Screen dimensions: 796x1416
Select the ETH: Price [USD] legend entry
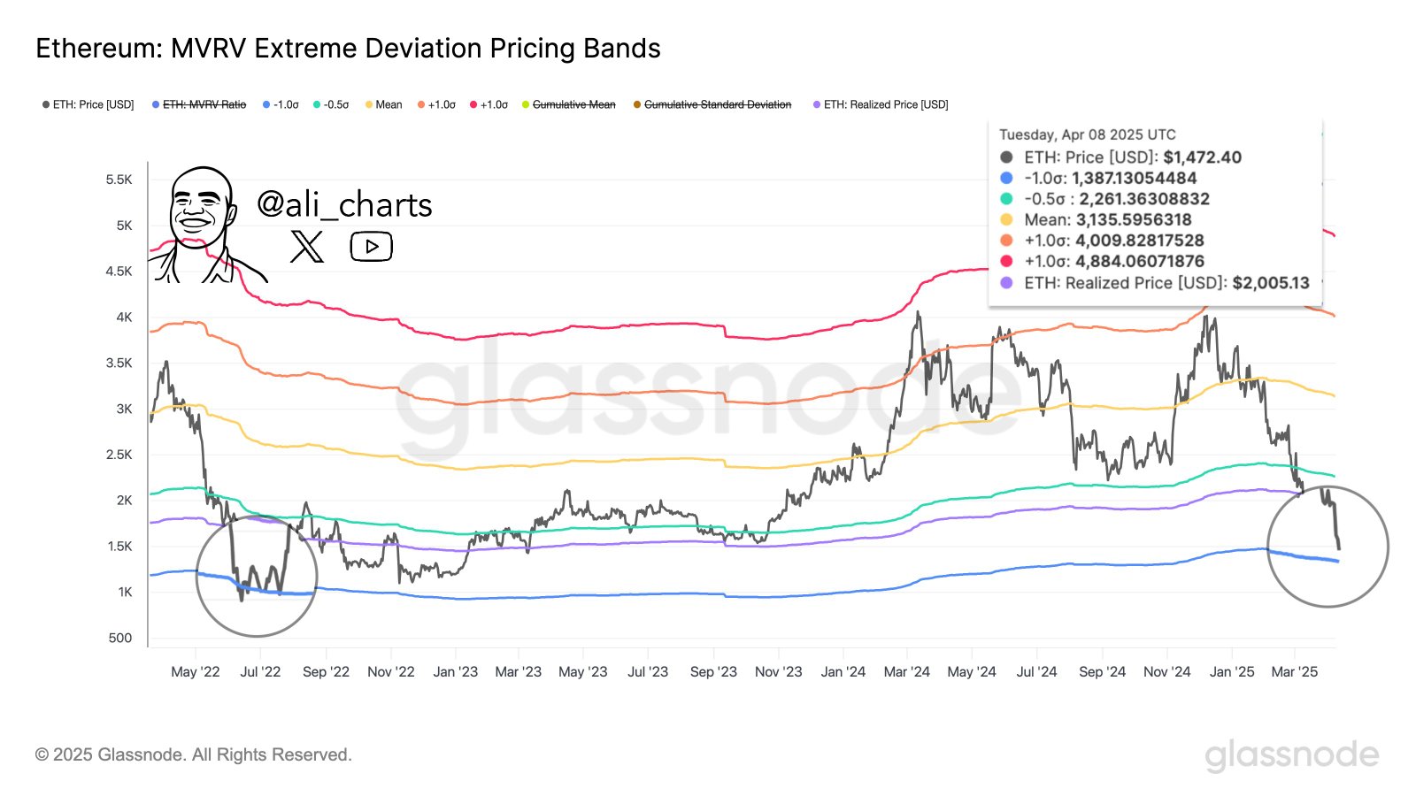click(x=88, y=104)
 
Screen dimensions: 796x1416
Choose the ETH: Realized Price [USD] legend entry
click(x=881, y=104)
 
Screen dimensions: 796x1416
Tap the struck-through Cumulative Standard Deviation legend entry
click(x=712, y=104)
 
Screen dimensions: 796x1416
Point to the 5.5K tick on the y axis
click(x=119, y=180)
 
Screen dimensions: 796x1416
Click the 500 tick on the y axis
click(x=120, y=638)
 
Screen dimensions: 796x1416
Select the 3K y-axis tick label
click(x=124, y=409)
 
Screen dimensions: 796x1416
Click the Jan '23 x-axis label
click(x=455, y=672)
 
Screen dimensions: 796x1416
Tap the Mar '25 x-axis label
click(x=1294, y=672)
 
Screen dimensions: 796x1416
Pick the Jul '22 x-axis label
click(x=260, y=672)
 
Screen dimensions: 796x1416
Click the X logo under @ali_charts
click(x=307, y=247)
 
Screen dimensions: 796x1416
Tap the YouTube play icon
click(x=371, y=247)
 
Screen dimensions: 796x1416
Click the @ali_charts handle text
click(x=344, y=205)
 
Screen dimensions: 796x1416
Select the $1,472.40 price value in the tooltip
click(x=1202, y=157)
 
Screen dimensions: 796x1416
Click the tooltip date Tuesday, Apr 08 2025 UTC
click(x=1088, y=134)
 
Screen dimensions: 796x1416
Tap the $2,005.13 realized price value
click(x=1270, y=283)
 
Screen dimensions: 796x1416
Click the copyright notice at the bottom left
click(x=194, y=754)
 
